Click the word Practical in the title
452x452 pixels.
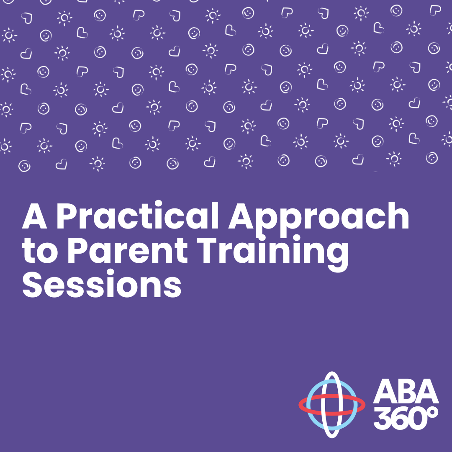tap(138, 216)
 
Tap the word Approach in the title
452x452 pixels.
tap(318, 220)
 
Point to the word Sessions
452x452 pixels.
tap(102, 284)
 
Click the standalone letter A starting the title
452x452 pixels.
tap(35, 216)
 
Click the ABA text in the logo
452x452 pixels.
tap(406, 391)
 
